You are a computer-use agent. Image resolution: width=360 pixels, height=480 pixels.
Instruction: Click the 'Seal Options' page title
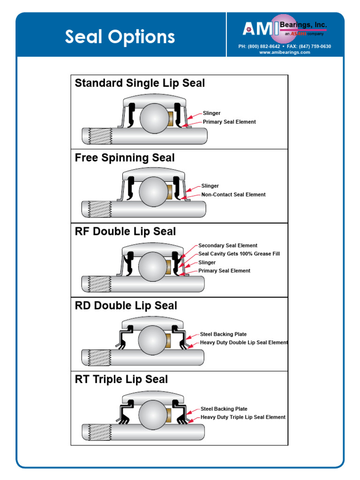[x=120, y=37]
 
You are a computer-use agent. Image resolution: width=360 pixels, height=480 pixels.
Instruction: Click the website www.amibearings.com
[x=285, y=52]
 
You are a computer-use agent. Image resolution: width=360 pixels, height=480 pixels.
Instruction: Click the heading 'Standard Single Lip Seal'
[x=140, y=83]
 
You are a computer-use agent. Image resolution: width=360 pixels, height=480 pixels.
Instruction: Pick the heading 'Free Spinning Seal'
[x=125, y=157]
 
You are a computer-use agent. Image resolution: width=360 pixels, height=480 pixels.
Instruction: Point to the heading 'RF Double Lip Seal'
[x=125, y=232]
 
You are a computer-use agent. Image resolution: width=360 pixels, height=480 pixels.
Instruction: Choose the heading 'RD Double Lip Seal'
[x=126, y=306]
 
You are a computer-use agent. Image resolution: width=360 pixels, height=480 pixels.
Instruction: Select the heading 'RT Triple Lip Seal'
[x=121, y=379]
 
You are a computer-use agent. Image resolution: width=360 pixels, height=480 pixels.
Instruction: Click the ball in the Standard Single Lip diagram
[x=156, y=118]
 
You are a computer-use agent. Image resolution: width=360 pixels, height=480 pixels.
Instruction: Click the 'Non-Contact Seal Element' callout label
[x=233, y=195]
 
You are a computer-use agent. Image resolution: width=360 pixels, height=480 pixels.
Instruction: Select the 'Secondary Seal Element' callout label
[x=227, y=246]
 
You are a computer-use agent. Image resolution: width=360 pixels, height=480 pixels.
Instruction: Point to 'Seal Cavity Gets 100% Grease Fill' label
[x=239, y=254]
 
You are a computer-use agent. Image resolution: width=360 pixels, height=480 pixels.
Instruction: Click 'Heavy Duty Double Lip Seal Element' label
[x=244, y=343]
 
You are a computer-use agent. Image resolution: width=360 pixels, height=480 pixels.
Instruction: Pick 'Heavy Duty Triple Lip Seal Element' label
[x=243, y=417]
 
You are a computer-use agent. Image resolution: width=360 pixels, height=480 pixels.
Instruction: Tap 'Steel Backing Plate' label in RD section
[x=223, y=335]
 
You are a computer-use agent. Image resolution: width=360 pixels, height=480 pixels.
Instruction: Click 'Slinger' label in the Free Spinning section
[x=210, y=186]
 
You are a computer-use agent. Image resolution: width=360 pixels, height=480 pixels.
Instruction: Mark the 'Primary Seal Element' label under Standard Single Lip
[x=229, y=122]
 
